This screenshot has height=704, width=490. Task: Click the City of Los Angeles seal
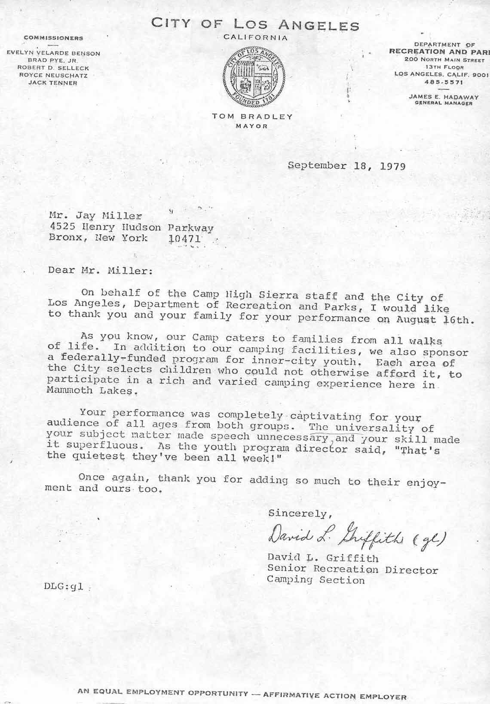click(253, 77)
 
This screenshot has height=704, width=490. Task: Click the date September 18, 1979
click(346, 166)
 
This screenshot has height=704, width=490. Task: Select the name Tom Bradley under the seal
click(252, 116)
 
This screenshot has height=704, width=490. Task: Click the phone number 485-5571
click(442, 82)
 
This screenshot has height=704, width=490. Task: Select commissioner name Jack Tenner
click(53, 83)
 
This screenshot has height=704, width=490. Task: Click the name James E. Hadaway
click(444, 97)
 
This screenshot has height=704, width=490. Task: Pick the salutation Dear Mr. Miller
click(100, 271)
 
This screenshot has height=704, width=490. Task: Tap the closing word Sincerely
click(300, 513)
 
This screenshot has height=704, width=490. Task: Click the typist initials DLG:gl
click(64, 587)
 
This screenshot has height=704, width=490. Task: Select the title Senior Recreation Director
click(352, 569)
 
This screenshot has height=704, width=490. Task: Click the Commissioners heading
click(53, 38)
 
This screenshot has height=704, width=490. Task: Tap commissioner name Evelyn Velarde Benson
click(53, 54)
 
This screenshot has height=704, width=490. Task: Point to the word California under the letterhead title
click(255, 38)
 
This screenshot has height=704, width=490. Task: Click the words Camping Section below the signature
click(315, 580)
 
